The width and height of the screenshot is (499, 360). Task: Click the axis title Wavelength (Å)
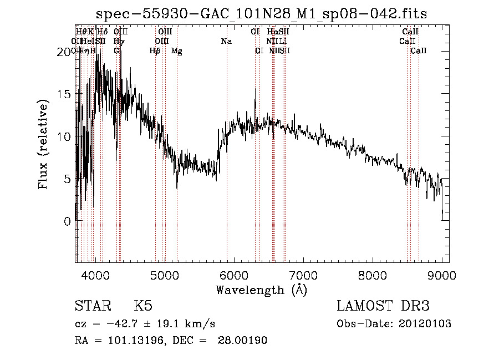261,290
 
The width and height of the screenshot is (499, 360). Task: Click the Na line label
226,41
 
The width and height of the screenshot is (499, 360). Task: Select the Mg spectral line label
176,51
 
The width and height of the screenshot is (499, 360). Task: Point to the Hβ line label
155,51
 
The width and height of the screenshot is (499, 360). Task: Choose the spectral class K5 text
143,306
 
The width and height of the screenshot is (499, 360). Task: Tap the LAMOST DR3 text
383,306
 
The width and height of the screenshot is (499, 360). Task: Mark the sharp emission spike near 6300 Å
255,89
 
